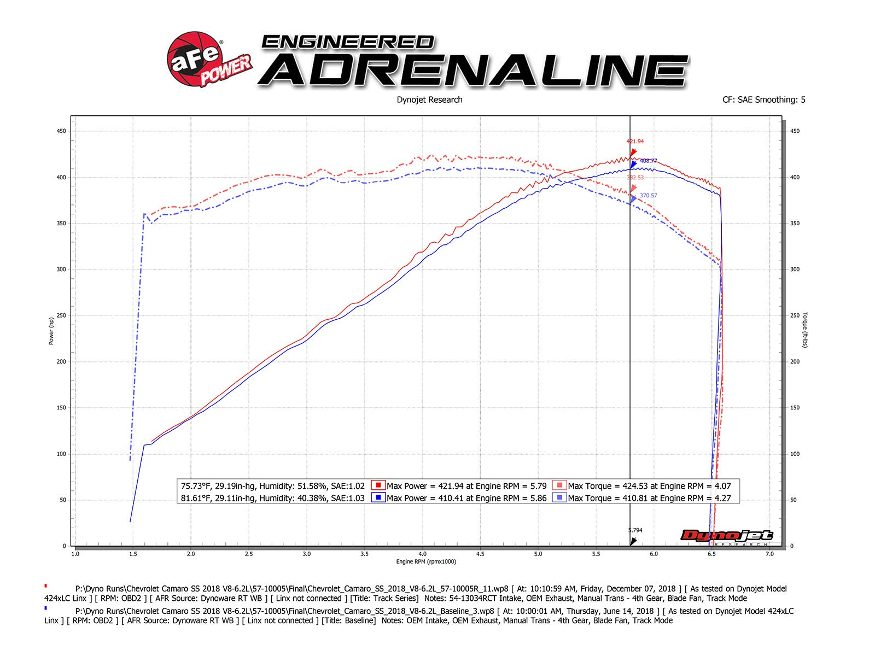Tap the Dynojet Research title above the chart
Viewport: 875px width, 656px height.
(x=429, y=99)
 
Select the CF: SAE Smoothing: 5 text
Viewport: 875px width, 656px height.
(x=763, y=99)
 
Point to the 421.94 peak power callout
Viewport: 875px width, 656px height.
(x=635, y=142)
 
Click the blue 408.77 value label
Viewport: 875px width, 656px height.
(x=648, y=161)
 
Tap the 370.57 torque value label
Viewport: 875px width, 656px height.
(x=648, y=196)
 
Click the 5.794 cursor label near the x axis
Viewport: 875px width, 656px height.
(x=635, y=530)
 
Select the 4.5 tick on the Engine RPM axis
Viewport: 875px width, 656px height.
(x=480, y=554)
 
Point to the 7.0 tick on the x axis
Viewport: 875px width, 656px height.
(x=769, y=554)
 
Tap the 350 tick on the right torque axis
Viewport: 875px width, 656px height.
(x=795, y=224)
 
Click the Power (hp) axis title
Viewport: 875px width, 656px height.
(x=51, y=331)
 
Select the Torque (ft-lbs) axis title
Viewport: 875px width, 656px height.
(x=805, y=330)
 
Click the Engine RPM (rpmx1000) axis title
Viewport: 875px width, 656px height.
(x=426, y=561)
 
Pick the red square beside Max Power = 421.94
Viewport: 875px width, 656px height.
(x=377, y=485)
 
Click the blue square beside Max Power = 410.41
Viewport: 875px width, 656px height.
(x=377, y=498)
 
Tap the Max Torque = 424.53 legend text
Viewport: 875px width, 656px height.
(x=649, y=485)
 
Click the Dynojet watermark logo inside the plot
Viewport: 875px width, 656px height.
(x=726, y=536)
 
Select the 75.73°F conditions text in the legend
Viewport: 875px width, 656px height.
(x=272, y=485)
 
